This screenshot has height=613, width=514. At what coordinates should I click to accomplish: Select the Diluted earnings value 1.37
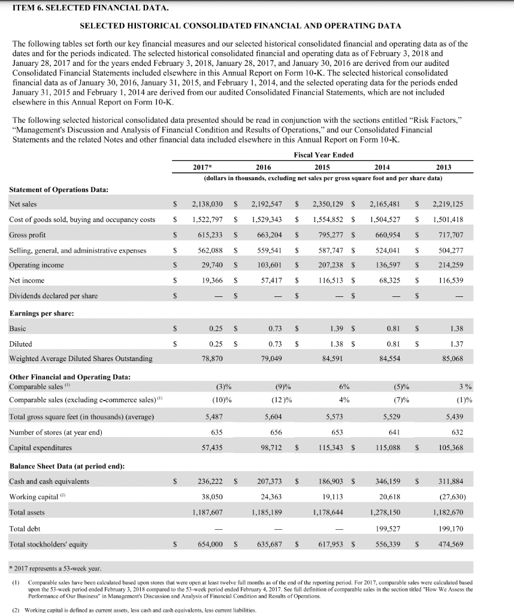click(448, 344)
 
